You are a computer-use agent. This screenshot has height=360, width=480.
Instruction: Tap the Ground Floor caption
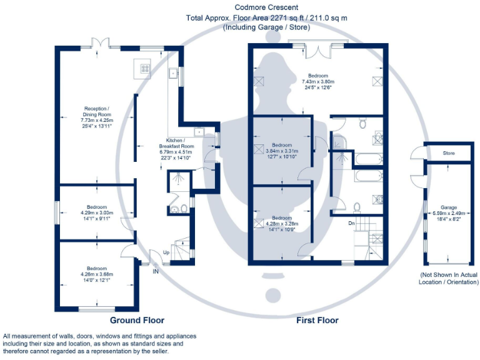point(137,320)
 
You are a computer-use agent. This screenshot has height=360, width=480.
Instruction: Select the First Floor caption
point(317,320)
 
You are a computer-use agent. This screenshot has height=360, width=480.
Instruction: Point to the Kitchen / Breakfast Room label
point(179,143)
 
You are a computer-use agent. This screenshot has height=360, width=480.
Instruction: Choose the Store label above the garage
point(448,153)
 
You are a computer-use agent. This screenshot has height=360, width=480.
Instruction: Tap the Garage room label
point(448,207)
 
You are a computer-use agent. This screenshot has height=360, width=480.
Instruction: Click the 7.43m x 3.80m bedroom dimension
point(318,82)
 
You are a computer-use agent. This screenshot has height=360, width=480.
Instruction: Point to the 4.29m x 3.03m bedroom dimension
point(97,213)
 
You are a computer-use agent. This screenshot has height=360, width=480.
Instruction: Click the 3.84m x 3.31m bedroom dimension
point(281,151)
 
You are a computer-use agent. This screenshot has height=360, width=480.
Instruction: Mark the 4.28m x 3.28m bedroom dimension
point(281,223)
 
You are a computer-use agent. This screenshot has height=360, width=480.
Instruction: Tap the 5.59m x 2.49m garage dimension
point(448,213)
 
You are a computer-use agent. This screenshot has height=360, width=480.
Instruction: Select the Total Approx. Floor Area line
point(267,17)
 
